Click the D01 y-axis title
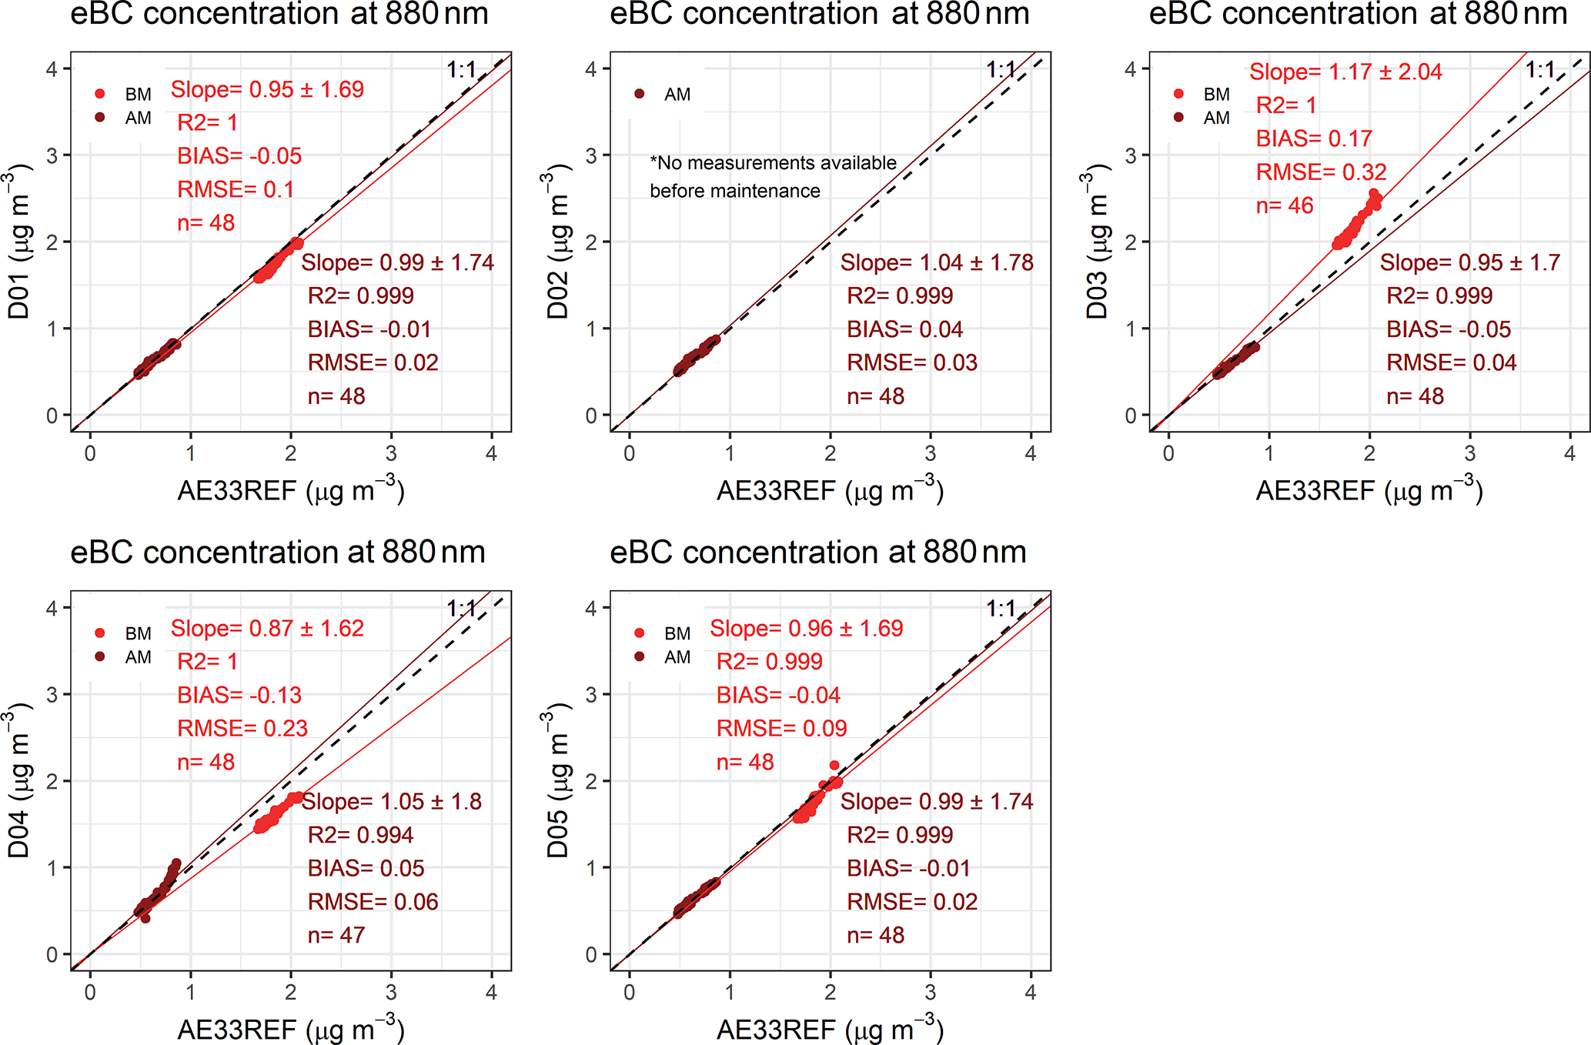(x=18, y=242)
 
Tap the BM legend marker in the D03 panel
(x=1178, y=94)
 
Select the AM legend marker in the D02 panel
(x=639, y=94)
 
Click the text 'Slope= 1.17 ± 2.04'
(x=1345, y=72)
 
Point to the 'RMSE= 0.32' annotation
(x=1321, y=172)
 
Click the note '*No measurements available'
(x=773, y=163)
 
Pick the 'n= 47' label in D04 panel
(x=336, y=935)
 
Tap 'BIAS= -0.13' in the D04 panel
(x=239, y=695)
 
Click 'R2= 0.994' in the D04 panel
(x=360, y=835)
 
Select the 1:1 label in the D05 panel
(x=1001, y=609)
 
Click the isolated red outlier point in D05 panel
(x=834, y=765)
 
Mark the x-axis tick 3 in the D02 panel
(x=931, y=454)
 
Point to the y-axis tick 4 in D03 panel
(x=1130, y=69)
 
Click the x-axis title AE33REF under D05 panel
(x=830, y=1029)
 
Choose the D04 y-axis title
(x=18, y=780)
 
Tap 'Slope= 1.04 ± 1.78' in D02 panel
(x=937, y=262)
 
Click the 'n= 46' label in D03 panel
(x=1285, y=205)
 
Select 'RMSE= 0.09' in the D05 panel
(x=781, y=728)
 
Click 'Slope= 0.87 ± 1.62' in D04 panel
(x=267, y=629)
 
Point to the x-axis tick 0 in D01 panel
(x=90, y=454)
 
